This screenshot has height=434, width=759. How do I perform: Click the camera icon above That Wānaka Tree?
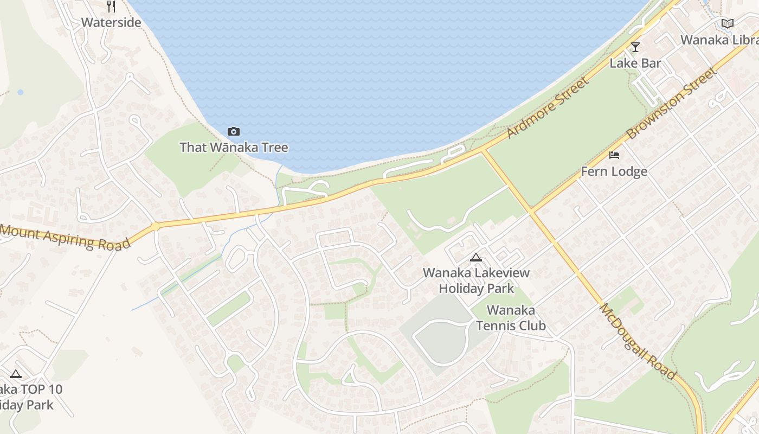pyautogui.click(x=234, y=131)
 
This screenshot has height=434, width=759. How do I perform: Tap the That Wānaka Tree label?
pyautogui.click(x=234, y=147)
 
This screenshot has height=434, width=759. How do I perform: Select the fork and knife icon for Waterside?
pyautogui.click(x=111, y=7)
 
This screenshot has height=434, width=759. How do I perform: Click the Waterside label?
pyautogui.click(x=111, y=22)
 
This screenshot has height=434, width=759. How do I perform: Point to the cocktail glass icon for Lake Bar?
pyautogui.click(x=635, y=47)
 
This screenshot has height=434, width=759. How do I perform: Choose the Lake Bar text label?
pyautogui.click(x=635, y=63)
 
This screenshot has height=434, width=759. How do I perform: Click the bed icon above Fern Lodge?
pyautogui.click(x=614, y=155)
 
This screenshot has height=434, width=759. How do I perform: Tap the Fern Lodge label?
pyautogui.click(x=614, y=171)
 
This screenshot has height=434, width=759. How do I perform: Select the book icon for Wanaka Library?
pyautogui.click(x=727, y=23)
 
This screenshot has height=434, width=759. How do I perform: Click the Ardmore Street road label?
pyautogui.click(x=548, y=108)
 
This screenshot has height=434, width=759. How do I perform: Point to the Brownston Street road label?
pyautogui.click(x=671, y=103)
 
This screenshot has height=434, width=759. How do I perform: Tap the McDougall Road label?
pyautogui.click(x=638, y=341)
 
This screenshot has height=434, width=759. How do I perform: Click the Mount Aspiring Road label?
pyautogui.click(x=65, y=237)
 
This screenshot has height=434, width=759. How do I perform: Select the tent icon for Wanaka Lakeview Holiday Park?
pyautogui.click(x=476, y=257)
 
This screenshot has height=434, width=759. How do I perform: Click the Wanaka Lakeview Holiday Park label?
pyautogui.click(x=476, y=280)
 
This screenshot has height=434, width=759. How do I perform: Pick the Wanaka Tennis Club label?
pyautogui.click(x=511, y=318)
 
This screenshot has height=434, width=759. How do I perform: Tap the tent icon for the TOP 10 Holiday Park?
pyautogui.click(x=16, y=374)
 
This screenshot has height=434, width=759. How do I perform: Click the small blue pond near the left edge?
pyautogui.click(x=21, y=92)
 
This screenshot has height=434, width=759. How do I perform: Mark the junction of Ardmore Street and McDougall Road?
pyautogui.click(x=482, y=150)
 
